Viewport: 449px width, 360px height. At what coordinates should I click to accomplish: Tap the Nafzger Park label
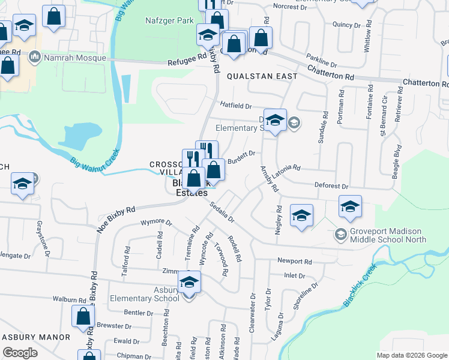click(169, 20)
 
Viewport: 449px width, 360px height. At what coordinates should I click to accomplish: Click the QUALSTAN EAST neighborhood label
click(262, 76)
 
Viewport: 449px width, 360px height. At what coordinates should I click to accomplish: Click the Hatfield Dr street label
click(235, 105)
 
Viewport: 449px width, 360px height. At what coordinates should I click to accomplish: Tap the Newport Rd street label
click(294, 262)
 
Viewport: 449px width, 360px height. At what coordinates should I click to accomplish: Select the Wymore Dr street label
click(156, 223)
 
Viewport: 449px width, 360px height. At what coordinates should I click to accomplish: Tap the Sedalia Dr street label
click(221, 212)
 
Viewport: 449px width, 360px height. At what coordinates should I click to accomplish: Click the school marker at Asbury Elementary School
click(189, 282)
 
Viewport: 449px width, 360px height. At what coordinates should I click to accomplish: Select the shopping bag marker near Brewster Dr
click(83, 317)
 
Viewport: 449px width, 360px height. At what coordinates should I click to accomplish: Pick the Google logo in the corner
click(20, 353)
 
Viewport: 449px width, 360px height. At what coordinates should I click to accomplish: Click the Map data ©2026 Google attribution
click(412, 355)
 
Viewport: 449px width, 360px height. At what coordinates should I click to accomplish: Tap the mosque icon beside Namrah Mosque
click(34, 58)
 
